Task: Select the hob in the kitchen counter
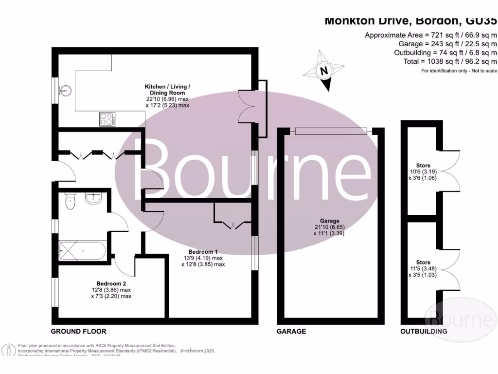pyautogui.click(x=107, y=119)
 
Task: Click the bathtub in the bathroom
pyautogui.click(x=82, y=251)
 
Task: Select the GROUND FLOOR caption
pyautogui.click(x=79, y=332)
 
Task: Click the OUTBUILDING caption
pyautogui.click(x=424, y=332)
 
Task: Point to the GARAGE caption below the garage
pyautogui.click(x=291, y=332)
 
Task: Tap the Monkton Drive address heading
pyautogui.click(x=410, y=21)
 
